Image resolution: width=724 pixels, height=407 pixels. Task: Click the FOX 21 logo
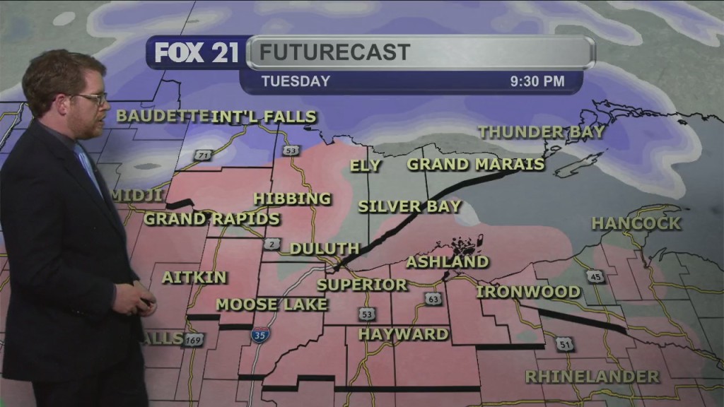[197, 53]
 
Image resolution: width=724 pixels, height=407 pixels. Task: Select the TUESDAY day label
[296, 81]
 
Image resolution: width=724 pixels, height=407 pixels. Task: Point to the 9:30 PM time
[537, 81]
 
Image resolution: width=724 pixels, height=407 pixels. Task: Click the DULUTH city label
[325, 249]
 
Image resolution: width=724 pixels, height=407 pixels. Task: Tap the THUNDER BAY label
[542, 131]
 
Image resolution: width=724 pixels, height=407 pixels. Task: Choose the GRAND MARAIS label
[476, 165]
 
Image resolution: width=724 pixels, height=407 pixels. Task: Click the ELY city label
[366, 166]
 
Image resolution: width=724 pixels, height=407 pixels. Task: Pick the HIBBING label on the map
[292, 199]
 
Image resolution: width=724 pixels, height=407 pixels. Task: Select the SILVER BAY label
[409, 207]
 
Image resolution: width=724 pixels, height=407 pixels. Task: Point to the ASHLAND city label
[448, 262]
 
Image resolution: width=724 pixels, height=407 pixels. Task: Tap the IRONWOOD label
[528, 292]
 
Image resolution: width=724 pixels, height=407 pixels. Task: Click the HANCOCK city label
[636, 223]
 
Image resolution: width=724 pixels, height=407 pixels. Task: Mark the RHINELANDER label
[592, 376]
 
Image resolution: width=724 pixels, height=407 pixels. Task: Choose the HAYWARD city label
[403, 334]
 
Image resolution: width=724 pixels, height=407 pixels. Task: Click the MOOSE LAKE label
[271, 305]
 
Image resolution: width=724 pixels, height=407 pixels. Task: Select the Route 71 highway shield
[204, 155]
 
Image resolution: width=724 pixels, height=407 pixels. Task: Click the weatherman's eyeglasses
[92, 98]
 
